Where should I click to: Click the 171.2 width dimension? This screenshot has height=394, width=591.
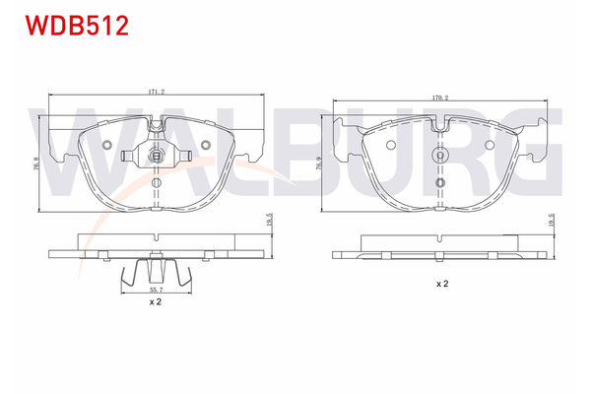coord(156,92)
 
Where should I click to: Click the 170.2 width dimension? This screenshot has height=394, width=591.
coord(439,98)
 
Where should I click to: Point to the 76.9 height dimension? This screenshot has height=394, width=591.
coord(320,164)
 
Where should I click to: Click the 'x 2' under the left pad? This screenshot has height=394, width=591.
coord(155,303)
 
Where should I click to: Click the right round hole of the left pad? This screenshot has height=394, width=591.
coord(205,145)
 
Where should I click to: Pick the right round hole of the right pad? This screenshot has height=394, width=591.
coord(492,146)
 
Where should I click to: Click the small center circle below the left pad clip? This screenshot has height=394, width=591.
coord(156,183)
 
